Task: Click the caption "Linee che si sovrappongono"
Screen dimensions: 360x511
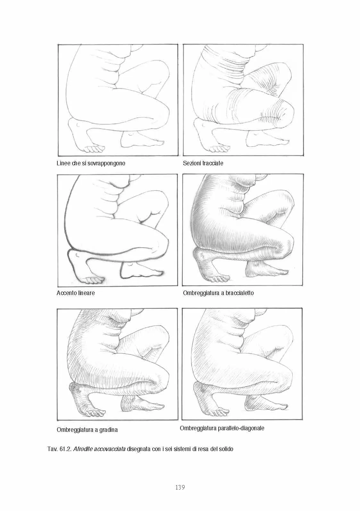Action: pyautogui.click(x=91, y=163)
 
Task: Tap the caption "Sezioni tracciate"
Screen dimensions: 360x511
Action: pyautogui.click(x=203, y=163)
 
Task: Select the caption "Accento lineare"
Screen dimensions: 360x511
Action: pyautogui.click(x=76, y=293)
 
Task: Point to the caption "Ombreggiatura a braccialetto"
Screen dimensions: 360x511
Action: pyautogui.click(x=218, y=293)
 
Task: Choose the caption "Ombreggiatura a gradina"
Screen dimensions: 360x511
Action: pyautogui.click(x=87, y=430)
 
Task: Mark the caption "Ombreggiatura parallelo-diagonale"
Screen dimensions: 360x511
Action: pyautogui.click(x=222, y=428)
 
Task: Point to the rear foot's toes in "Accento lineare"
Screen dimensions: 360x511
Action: pyautogui.click(x=96, y=279)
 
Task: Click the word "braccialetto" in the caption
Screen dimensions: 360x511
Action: pyautogui.click(x=240, y=293)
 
